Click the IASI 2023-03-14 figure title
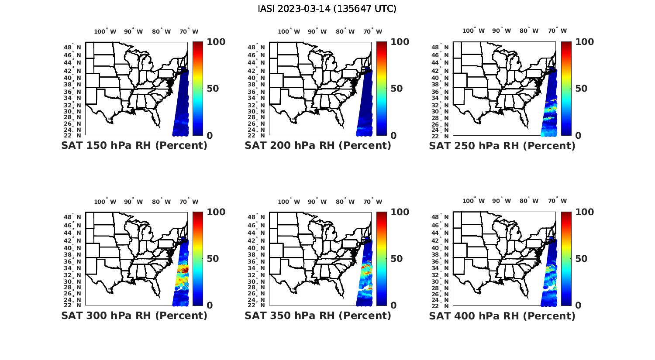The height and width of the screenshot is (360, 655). click(327, 9)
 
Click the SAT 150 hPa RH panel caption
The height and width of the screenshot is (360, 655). click(134, 145)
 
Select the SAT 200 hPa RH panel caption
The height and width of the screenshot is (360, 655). click(318, 145)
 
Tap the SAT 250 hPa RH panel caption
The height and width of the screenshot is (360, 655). click(502, 145)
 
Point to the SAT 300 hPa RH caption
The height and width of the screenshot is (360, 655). click(134, 315)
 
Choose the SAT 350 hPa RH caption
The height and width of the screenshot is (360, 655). click(318, 315)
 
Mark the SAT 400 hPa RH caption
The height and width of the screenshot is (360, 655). click(502, 315)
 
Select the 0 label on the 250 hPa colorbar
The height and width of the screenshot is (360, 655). click(578, 135)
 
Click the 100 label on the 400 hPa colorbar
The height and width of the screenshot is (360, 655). click(585, 212)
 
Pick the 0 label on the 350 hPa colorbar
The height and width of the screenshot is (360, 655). click(393, 305)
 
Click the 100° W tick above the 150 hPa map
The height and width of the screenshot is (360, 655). click(105, 31)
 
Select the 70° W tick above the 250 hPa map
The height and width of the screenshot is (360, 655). click(558, 31)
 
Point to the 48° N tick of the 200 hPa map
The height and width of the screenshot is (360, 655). click(256, 47)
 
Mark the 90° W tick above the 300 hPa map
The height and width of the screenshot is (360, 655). click(133, 202)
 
